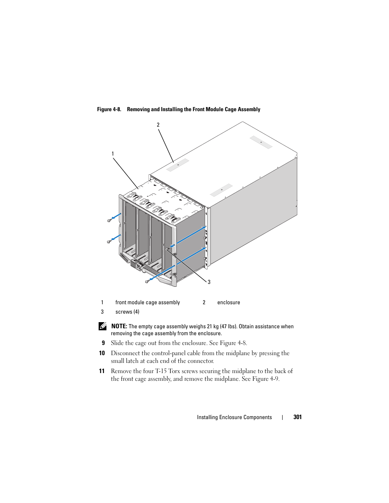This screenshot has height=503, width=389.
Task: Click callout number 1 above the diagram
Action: point(113,154)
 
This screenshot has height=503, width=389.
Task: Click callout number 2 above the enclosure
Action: point(158,125)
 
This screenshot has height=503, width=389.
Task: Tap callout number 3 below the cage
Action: point(209,282)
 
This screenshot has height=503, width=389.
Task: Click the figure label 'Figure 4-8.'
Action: point(109,110)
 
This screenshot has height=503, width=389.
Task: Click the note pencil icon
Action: point(103,326)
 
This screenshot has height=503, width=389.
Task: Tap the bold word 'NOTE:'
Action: point(119,326)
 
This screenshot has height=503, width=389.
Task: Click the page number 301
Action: point(297,417)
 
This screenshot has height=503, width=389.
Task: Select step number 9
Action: point(103,343)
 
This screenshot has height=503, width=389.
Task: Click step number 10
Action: point(102,353)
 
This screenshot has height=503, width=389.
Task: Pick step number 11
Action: point(102,371)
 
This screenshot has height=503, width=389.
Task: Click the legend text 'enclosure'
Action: point(228,303)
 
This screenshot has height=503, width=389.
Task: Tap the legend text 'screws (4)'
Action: point(127,312)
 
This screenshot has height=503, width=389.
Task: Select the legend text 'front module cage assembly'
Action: point(148,303)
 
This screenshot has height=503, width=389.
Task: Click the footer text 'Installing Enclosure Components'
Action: point(234,417)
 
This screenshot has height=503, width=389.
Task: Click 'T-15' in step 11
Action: point(161,371)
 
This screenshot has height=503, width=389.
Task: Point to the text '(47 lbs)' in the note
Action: point(228,327)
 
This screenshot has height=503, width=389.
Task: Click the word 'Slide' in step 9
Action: point(117,343)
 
